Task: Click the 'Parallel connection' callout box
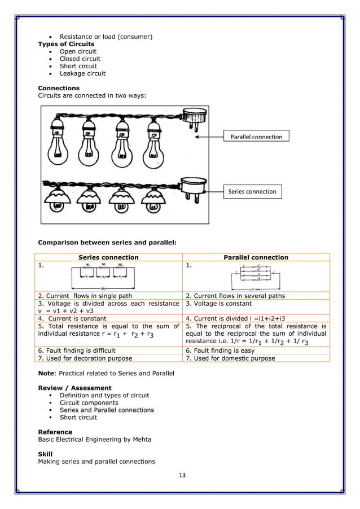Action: (256, 137)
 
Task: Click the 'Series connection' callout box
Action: (252, 191)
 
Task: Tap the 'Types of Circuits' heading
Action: (66, 44)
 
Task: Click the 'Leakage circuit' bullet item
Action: (82, 73)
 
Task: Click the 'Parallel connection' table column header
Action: (256, 257)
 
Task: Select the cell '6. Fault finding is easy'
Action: (221, 350)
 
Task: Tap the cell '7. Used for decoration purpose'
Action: (85, 358)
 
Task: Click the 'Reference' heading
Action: (55, 432)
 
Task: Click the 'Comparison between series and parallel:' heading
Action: (107, 243)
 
